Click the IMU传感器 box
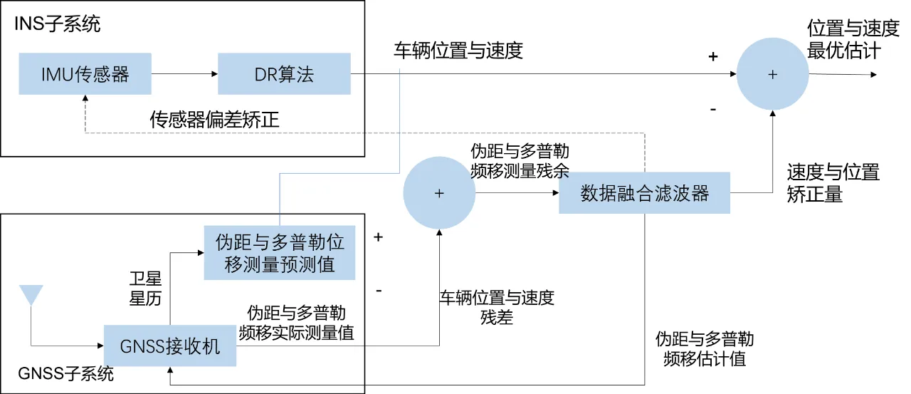click(x=85, y=73)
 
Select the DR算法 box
click(x=284, y=73)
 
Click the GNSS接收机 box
click(x=169, y=346)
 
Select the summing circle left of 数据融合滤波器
click(x=439, y=193)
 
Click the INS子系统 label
click(x=58, y=25)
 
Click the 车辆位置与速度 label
click(x=458, y=51)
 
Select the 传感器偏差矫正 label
click(x=214, y=119)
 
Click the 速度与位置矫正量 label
click(x=833, y=183)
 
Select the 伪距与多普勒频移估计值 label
click(x=704, y=348)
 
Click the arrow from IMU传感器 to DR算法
click(x=184, y=73)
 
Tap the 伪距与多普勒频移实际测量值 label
click(x=297, y=323)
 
